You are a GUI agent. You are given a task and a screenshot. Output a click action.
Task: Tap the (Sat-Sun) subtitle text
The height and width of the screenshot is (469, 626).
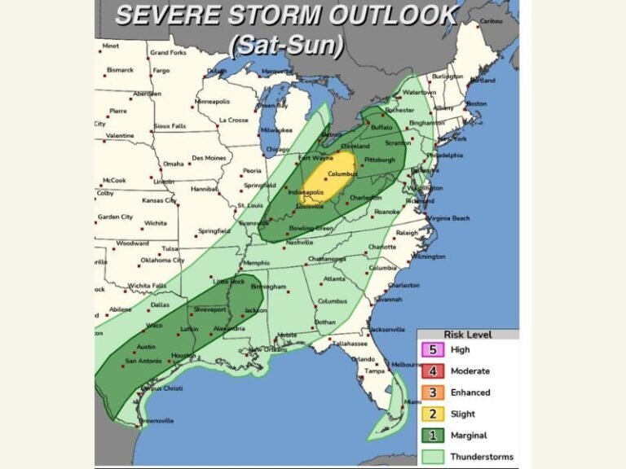286,46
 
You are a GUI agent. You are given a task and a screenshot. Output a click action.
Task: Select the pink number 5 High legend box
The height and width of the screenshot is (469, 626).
433,349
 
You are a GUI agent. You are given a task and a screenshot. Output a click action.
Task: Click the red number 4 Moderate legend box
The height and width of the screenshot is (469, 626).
433,371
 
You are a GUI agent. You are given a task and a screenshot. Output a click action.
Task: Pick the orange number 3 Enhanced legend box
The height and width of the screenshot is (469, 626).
433,392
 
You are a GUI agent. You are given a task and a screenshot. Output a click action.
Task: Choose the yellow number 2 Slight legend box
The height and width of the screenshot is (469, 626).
433,414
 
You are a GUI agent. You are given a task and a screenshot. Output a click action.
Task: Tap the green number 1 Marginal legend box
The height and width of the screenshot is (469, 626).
433,436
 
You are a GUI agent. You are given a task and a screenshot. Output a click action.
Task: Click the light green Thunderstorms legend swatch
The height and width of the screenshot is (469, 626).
433,457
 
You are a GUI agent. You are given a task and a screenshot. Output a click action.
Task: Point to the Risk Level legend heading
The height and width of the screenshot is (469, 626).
467,334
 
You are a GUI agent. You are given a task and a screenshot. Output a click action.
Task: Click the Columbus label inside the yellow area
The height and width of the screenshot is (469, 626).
343,173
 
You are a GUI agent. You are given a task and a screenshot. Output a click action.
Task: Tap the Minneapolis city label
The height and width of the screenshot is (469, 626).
213,102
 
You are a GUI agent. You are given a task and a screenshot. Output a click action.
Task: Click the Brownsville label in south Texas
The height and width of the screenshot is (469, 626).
156,420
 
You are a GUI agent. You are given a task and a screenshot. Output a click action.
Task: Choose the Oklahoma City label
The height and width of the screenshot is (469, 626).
163,261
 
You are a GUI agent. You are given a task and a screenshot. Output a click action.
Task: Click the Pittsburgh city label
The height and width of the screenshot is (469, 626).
380,160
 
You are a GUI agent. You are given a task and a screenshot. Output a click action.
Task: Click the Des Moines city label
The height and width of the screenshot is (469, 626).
209,158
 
